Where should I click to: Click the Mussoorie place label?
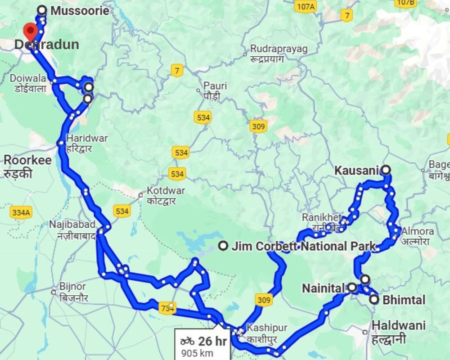tap(80, 10)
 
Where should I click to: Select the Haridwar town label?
tap(87, 138)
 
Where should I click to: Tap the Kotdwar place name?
tap(166, 190)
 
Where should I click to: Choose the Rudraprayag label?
tap(279, 48)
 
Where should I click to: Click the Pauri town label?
tap(215, 85)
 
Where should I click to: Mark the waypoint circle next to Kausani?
tap(386, 170)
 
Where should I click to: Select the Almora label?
tap(418, 231)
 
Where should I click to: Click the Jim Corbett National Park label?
tap(303, 246)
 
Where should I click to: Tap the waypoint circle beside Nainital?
tap(352, 287)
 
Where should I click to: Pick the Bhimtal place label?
tap(403, 300)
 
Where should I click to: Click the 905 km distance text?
tap(197, 353)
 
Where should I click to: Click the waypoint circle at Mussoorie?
tap(42, 9)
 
